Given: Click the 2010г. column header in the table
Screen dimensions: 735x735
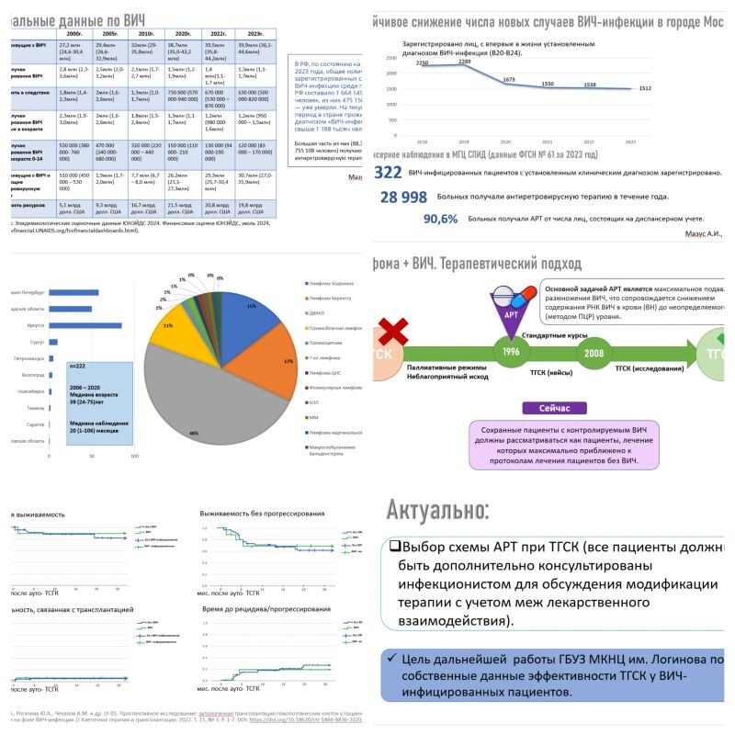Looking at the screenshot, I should [141, 32].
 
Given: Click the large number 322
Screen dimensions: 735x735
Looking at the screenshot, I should [388, 173].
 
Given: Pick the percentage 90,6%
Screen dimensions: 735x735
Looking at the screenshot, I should [440, 219].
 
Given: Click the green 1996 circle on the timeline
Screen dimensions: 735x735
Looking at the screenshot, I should [513, 353].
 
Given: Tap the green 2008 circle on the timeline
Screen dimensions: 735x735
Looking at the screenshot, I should [594, 353].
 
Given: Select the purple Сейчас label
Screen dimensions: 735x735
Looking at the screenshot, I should [554, 407].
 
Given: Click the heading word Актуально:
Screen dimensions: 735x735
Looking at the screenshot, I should [437, 510].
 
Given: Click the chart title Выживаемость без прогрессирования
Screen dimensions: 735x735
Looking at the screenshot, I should [262, 513].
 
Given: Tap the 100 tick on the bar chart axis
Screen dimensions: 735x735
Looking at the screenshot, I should [135, 455].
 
